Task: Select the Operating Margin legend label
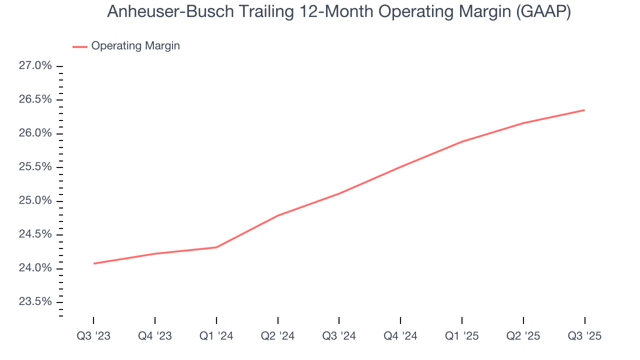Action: (135, 46)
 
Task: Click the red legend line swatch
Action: (80, 46)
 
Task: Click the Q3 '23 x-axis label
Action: (93, 336)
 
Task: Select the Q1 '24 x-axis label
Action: (216, 336)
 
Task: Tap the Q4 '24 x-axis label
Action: (400, 336)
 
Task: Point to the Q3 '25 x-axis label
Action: (584, 336)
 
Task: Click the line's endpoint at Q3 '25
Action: (584, 110)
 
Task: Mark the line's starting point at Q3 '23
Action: (93, 263)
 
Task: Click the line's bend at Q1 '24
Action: (216, 247)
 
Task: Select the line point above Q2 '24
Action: (277, 215)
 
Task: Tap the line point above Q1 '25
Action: (462, 141)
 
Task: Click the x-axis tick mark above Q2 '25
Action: (523, 320)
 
